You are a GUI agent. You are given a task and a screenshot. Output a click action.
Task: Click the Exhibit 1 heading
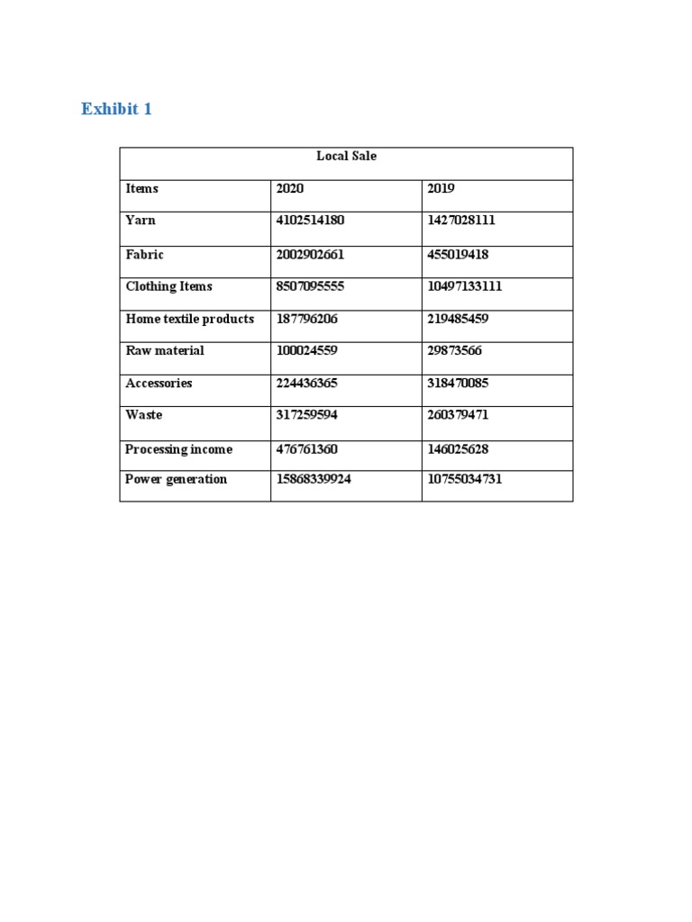click(x=116, y=109)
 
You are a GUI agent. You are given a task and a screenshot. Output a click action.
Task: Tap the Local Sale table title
click(x=346, y=156)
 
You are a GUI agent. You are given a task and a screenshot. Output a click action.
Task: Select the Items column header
click(x=141, y=188)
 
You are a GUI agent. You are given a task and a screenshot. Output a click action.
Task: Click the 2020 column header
click(x=290, y=188)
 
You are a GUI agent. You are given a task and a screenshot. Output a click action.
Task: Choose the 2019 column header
click(x=442, y=188)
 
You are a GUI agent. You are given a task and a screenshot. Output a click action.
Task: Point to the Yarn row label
click(x=141, y=220)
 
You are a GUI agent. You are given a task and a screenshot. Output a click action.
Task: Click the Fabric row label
click(x=144, y=255)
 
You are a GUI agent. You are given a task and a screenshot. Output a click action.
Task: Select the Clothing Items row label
click(x=168, y=286)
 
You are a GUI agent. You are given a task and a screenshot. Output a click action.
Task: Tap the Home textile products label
click(x=189, y=319)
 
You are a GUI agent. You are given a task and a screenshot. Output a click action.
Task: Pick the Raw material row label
click(x=165, y=350)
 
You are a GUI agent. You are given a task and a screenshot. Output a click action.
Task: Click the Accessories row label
click(x=159, y=383)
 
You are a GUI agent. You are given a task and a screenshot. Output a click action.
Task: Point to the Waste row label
click(x=144, y=415)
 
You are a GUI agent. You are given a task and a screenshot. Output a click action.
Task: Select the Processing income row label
click(x=178, y=449)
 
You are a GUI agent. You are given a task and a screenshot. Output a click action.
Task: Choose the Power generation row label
click(x=176, y=479)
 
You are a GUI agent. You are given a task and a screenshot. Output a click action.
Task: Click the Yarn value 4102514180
click(x=310, y=220)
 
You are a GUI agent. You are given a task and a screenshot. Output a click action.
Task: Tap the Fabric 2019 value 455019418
click(x=458, y=255)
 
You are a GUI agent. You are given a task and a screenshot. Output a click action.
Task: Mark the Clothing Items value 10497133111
click(x=464, y=286)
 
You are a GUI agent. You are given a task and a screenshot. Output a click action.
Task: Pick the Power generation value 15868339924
click(x=314, y=479)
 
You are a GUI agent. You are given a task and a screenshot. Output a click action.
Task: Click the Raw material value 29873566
click(x=454, y=350)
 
